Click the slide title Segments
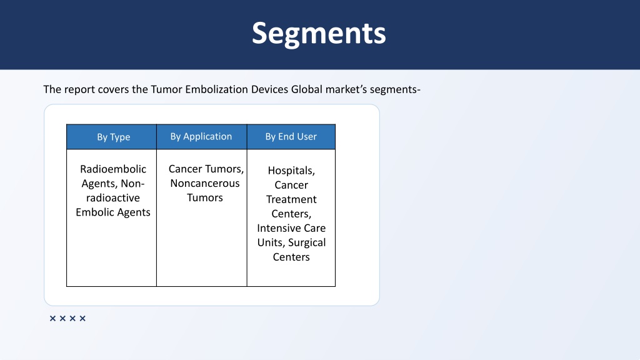(x=319, y=34)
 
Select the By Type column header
(x=114, y=137)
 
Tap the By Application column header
(x=201, y=137)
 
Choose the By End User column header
(x=291, y=137)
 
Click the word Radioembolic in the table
(x=113, y=169)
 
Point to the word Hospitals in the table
(x=291, y=171)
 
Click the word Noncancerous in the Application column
(x=205, y=183)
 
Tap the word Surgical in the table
(x=307, y=243)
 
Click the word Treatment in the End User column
(x=291, y=199)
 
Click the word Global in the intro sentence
(x=306, y=89)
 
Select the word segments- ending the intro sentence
(x=395, y=90)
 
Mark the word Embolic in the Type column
(x=92, y=212)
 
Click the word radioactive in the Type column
(x=113, y=198)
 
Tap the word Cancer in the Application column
(x=185, y=169)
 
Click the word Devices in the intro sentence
(x=269, y=89)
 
